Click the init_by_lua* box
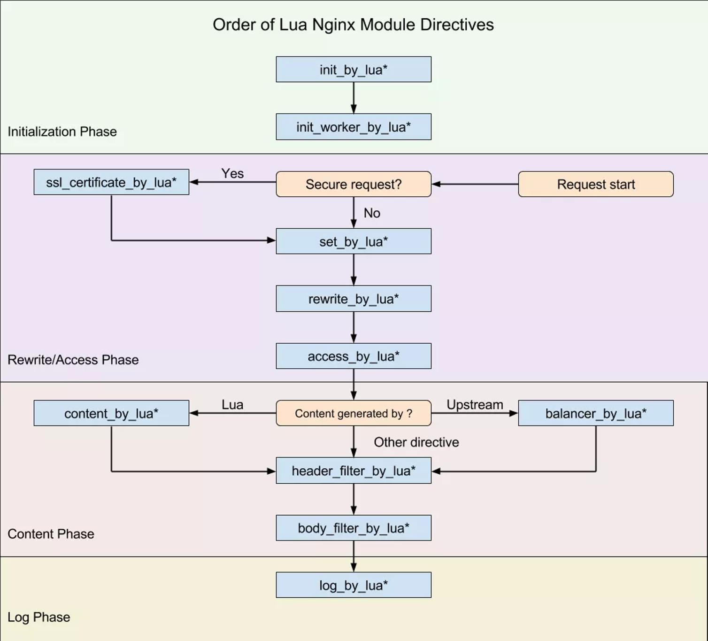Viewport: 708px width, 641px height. pyautogui.click(x=353, y=69)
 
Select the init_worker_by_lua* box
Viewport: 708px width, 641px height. pyautogui.click(x=353, y=126)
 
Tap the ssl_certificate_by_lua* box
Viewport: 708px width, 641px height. pyautogui.click(x=111, y=182)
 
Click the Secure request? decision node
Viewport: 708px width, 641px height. pyautogui.click(x=353, y=184)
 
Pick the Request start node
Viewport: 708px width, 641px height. pyautogui.click(x=596, y=184)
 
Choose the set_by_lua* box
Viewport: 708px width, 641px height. pyautogui.click(x=353, y=241)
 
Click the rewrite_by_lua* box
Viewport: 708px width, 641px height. pyautogui.click(x=353, y=298)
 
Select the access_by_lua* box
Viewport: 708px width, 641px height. pyautogui.click(x=353, y=356)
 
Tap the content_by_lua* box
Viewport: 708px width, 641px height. pyautogui.click(x=111, y=413)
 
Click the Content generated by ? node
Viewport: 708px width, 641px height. pyautogui.click(x=353, y=413)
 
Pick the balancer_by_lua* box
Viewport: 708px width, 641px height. pyautogui.click(x=596, y=413)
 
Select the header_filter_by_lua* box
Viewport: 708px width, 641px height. pyautogui.click(x=353, y=471)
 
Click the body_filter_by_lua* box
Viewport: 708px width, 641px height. pyautogui.click(x=353, y=528)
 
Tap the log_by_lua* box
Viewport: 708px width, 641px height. pyautogui.click(x=353, y=585)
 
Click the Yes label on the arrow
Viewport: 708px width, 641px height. pyautogui.click(x=232, y=173)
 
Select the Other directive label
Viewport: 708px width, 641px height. pyautogui.click(x=416, y=442)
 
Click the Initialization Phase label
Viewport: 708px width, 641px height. pyautogui.click(x=62, y=131)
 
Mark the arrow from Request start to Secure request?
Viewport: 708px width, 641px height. pyautogui.click(x=475, y=184)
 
